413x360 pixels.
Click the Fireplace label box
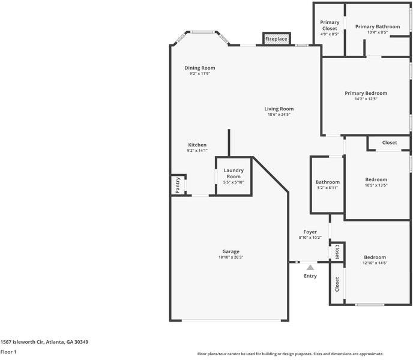pyautogui.click(x=276, y=39)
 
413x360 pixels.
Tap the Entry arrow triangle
pyautogui.click(x=310, y=268)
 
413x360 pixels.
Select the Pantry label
pyautogui.click(x=178, y=185)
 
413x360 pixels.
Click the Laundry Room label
pyautogui.click(x=234, y=173)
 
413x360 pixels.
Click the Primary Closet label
pyautogui.click(x=329, y=25)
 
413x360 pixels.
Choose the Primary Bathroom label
pyautogui.click(x=377, y=26)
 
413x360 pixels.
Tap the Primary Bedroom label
pyautogui.click(x=366, y=93)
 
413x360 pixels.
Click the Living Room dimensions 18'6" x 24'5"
pyautogui.click(x=279, y=115)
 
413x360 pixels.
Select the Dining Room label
pyautogui.click(x=199, y=68)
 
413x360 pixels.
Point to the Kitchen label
pyautogui.click(x=197, y=145)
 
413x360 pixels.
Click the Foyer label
pyautogui.click(x=310, y=232)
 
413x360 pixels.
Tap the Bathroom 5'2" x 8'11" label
pyautogui.click(x=328, y=182)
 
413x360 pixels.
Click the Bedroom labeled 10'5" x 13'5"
pyautogui.click(x=376, y=179)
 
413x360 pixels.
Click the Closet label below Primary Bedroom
pyautogui.click(x=390, y=143)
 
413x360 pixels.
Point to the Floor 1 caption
pyautogui.click(x=8, y=352)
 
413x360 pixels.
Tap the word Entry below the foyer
pyautogui.click(x=310, y=276)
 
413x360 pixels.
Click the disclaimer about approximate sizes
pyautogui.click(x=291, y=354)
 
